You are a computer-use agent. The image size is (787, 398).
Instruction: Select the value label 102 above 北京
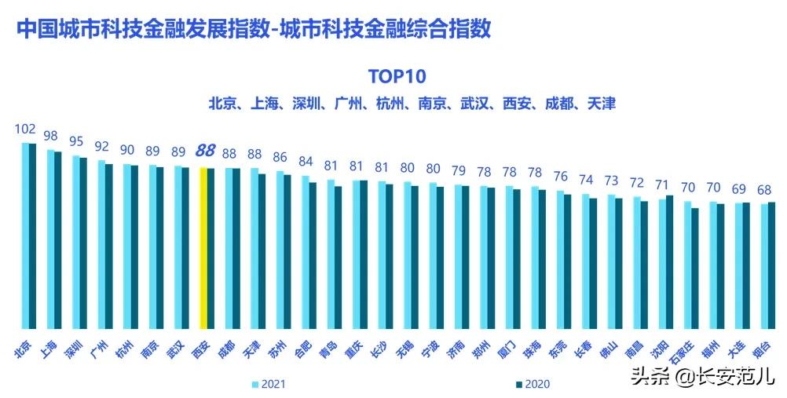click(x=26, y=130)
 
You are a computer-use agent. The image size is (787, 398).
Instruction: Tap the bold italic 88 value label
click(x=206, y=151)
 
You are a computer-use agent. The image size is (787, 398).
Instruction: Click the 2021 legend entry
click(x=266, y=384)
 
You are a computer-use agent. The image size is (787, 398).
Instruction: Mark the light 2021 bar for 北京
click(x=25, y=236)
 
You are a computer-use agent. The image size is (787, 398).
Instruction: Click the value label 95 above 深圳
click(x=76, y=141)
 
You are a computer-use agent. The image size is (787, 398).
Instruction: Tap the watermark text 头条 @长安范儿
click(x=703, y=376)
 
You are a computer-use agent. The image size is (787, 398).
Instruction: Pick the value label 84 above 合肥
click(x=306, y=162)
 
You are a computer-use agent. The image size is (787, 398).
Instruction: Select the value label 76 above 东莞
click(x=560, y=176)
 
